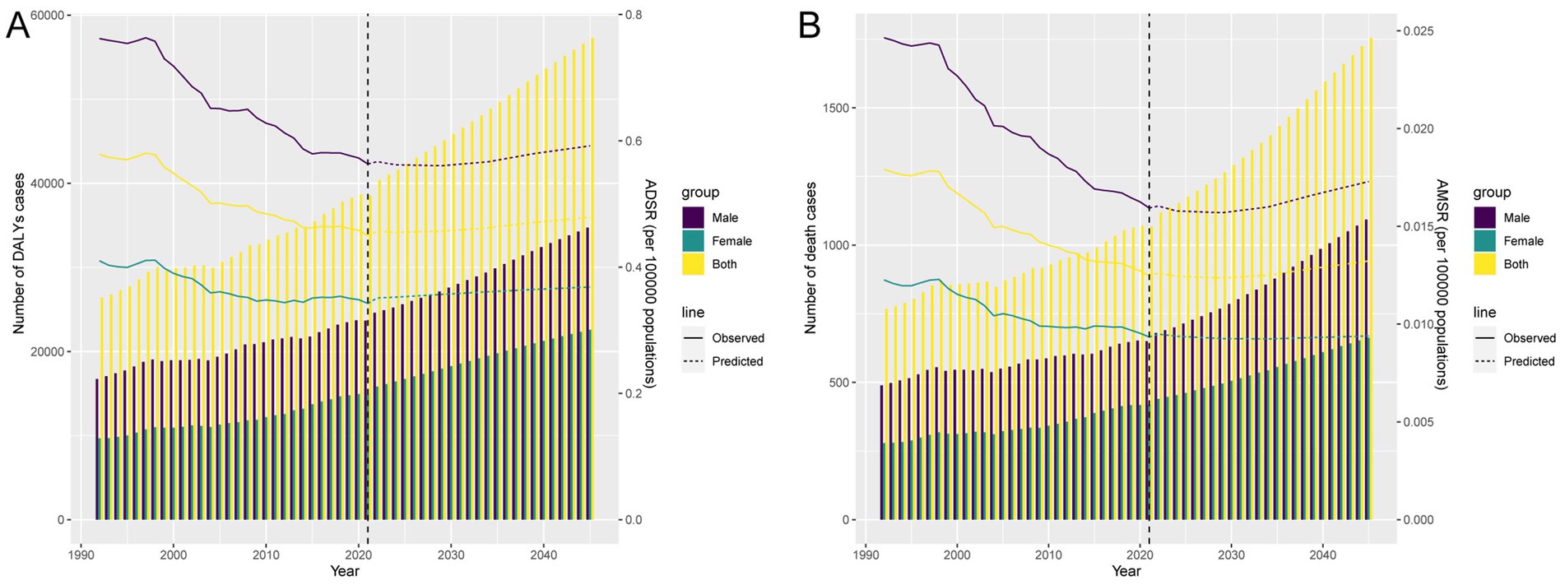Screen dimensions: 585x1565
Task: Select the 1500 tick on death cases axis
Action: point(836,108)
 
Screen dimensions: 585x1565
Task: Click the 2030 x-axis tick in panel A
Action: point(451,554)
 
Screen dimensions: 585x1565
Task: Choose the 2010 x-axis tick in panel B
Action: point(1048,554)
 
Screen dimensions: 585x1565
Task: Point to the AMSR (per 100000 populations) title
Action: point(1441,283)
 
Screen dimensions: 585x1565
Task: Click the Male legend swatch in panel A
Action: point(693,217)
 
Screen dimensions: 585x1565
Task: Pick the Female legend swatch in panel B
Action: point(1484,241)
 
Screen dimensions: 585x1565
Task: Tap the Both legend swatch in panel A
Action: point(693,264)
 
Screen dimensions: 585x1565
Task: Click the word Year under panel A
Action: point(345,571)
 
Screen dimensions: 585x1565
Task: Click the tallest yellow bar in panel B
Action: point(1371,280)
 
